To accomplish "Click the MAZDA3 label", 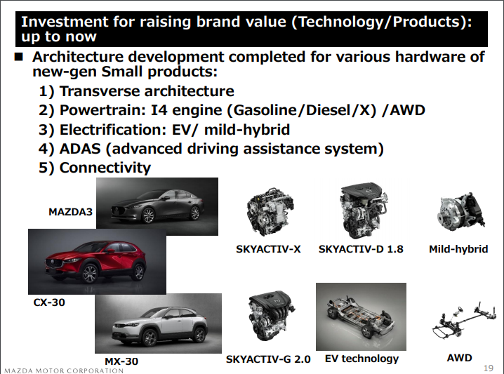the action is click(70, 212).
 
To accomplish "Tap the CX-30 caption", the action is click(49, 302).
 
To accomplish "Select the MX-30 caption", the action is click(121, 361).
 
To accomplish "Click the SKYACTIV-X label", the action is click(268, 249).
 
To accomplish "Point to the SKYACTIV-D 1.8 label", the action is click(361, 249).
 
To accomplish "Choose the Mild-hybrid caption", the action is click(458, 249).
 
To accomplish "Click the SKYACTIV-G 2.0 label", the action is click(268, 359).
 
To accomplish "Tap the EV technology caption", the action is click(362, 359).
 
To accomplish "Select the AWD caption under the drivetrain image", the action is click(459, 358).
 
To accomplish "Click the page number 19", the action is click(489, 368).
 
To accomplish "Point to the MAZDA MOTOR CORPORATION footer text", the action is click(64, 370).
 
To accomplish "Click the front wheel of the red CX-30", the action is click(90, 274).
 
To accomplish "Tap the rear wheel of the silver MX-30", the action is click(199, 335).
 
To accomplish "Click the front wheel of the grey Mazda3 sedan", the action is click(148, 215).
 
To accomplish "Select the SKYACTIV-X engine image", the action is click(270, 211).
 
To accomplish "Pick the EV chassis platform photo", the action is click(361, 316).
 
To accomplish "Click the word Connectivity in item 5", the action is click(105, 168).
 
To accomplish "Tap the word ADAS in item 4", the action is click(80, 149).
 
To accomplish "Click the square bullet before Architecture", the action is click(19, 58).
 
